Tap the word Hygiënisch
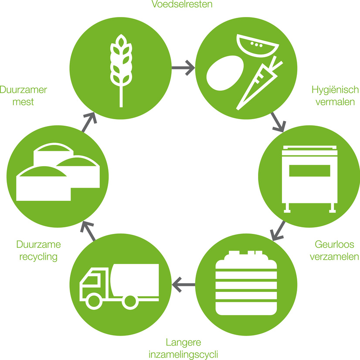coord(335,90)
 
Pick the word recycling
coord(38,257)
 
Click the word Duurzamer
coord(24,90)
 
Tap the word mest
coord(24,103)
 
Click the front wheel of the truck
coord(93,301)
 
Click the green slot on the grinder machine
coord(308,170)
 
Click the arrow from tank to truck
coord(183,285)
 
